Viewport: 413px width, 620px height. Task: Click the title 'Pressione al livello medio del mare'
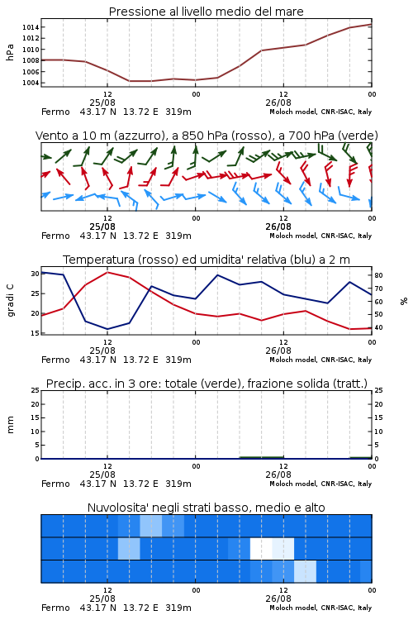206,12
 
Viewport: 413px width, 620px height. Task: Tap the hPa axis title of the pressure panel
10,53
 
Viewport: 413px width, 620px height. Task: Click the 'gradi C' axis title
10,300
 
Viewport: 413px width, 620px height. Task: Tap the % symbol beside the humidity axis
404,301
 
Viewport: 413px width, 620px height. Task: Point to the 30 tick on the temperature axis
36,274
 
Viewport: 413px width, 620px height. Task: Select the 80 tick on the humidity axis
378,275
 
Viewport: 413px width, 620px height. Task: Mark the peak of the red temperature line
107,272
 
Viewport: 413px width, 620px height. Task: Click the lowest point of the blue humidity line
107,329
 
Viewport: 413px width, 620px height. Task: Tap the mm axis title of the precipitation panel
10,425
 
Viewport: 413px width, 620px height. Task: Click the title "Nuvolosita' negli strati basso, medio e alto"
206,508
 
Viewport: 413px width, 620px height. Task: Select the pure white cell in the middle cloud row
261,548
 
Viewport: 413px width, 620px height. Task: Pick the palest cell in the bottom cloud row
305,571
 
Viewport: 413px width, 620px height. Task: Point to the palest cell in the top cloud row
151,526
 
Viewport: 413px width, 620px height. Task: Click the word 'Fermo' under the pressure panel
55,112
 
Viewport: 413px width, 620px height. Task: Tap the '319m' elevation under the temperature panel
178,360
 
